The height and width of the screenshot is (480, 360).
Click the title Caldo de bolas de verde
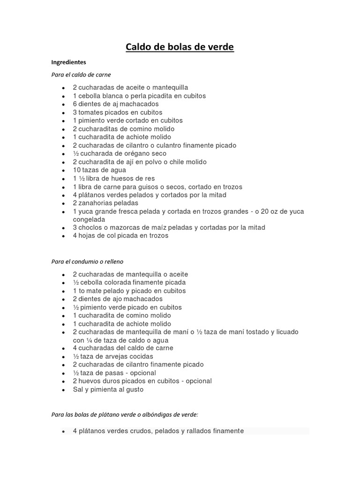180,47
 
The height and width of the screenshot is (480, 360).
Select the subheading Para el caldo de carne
81,75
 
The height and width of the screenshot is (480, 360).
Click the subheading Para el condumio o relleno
87,262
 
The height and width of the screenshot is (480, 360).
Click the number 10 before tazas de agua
77,170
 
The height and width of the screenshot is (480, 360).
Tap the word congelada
89,219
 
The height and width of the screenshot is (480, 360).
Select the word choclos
90,228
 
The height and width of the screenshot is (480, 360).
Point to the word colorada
109,283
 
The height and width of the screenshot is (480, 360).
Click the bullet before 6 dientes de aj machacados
63,105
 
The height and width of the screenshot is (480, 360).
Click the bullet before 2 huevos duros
63,382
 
